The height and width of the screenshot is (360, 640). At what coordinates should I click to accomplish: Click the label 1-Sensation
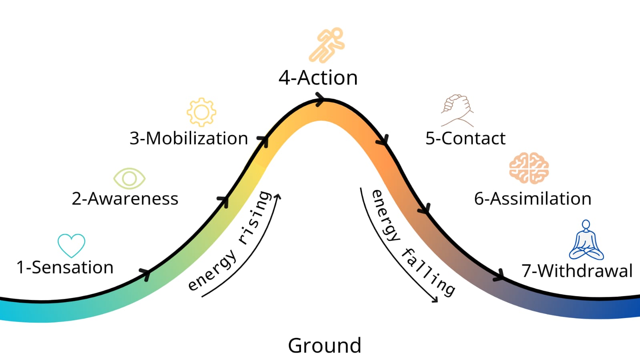(65, 267)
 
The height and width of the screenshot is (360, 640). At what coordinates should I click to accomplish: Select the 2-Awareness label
(125, 199)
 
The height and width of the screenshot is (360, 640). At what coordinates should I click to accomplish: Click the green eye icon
(129, 178)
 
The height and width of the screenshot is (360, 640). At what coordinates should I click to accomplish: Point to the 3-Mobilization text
(189, 139)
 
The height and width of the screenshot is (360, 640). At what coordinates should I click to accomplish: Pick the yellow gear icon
(201, 112)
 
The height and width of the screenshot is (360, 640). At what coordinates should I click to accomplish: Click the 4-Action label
(318, 78)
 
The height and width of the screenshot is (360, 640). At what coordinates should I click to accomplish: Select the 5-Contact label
(465, 139)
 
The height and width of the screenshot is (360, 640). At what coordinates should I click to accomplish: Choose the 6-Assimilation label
(532, 199)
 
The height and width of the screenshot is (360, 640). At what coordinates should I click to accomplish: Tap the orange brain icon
(529, 168)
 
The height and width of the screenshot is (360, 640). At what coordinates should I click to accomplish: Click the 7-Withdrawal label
(577, 271)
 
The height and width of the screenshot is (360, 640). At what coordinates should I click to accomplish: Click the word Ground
(325, 345)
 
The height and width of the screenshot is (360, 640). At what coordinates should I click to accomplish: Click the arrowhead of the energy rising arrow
(278, 197)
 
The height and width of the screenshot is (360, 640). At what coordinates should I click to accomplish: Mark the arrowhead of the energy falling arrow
(435, 300)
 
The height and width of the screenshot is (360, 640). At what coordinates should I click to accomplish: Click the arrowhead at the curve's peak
(320, 99)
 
